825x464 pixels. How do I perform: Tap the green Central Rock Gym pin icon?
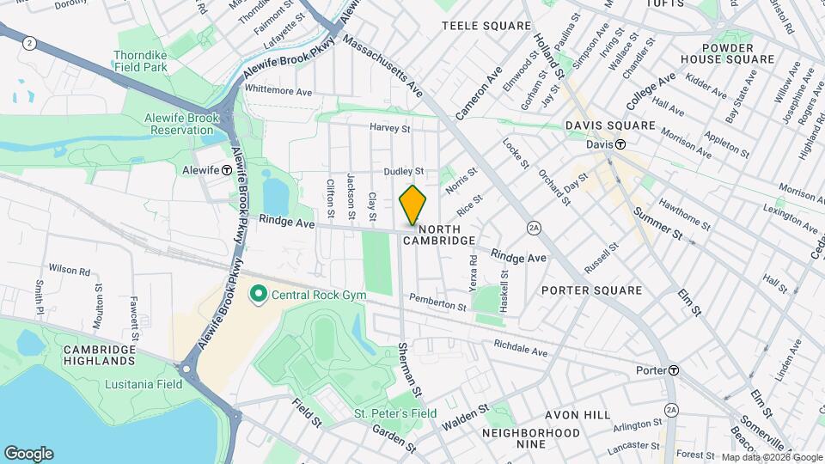point(257,296)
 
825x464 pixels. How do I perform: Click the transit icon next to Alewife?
point(226,170)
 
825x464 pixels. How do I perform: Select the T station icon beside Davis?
point(619,145)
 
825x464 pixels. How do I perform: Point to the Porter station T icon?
point(674,370)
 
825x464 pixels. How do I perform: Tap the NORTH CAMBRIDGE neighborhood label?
point(446,235)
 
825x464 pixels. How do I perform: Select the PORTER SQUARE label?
point(592,290)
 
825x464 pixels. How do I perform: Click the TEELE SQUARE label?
point(480,27)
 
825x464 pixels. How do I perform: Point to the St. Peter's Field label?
point(395,413)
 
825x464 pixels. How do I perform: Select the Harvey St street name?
point(390,128)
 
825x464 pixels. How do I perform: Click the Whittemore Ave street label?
point(278,90)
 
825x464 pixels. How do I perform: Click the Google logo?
point(28,454)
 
